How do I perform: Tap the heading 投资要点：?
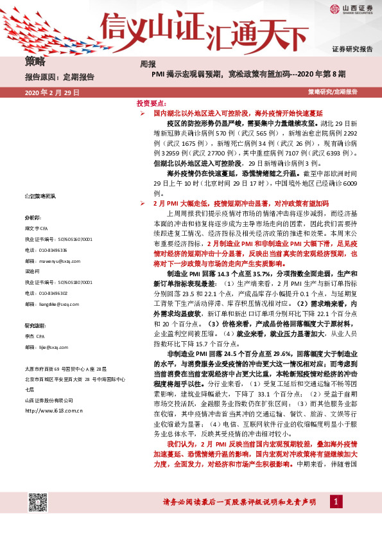point(151,103)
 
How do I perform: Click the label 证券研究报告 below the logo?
point(352,49)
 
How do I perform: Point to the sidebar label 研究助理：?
point(35,325)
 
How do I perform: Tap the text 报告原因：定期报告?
point(59,76)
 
